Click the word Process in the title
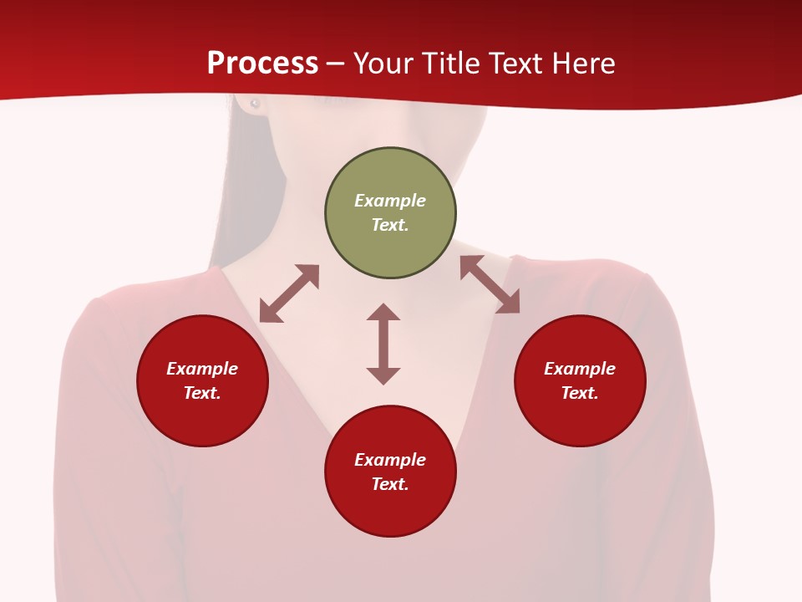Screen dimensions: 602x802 click(262, 64)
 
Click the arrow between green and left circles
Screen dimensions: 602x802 click(289, 293)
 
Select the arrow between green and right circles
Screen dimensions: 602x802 click(490, 284)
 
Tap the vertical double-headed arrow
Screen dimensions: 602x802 click(383, 344)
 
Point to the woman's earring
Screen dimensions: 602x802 click(255, 104)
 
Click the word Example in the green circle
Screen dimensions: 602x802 click(390, 201)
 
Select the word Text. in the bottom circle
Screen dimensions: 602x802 click(390, 484)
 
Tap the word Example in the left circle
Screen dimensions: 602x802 click(202, 369)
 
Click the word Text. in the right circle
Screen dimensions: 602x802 click(580, 393)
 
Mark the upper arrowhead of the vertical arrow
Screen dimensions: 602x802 click(383, 312)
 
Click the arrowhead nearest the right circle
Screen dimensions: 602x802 click(509, 304)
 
